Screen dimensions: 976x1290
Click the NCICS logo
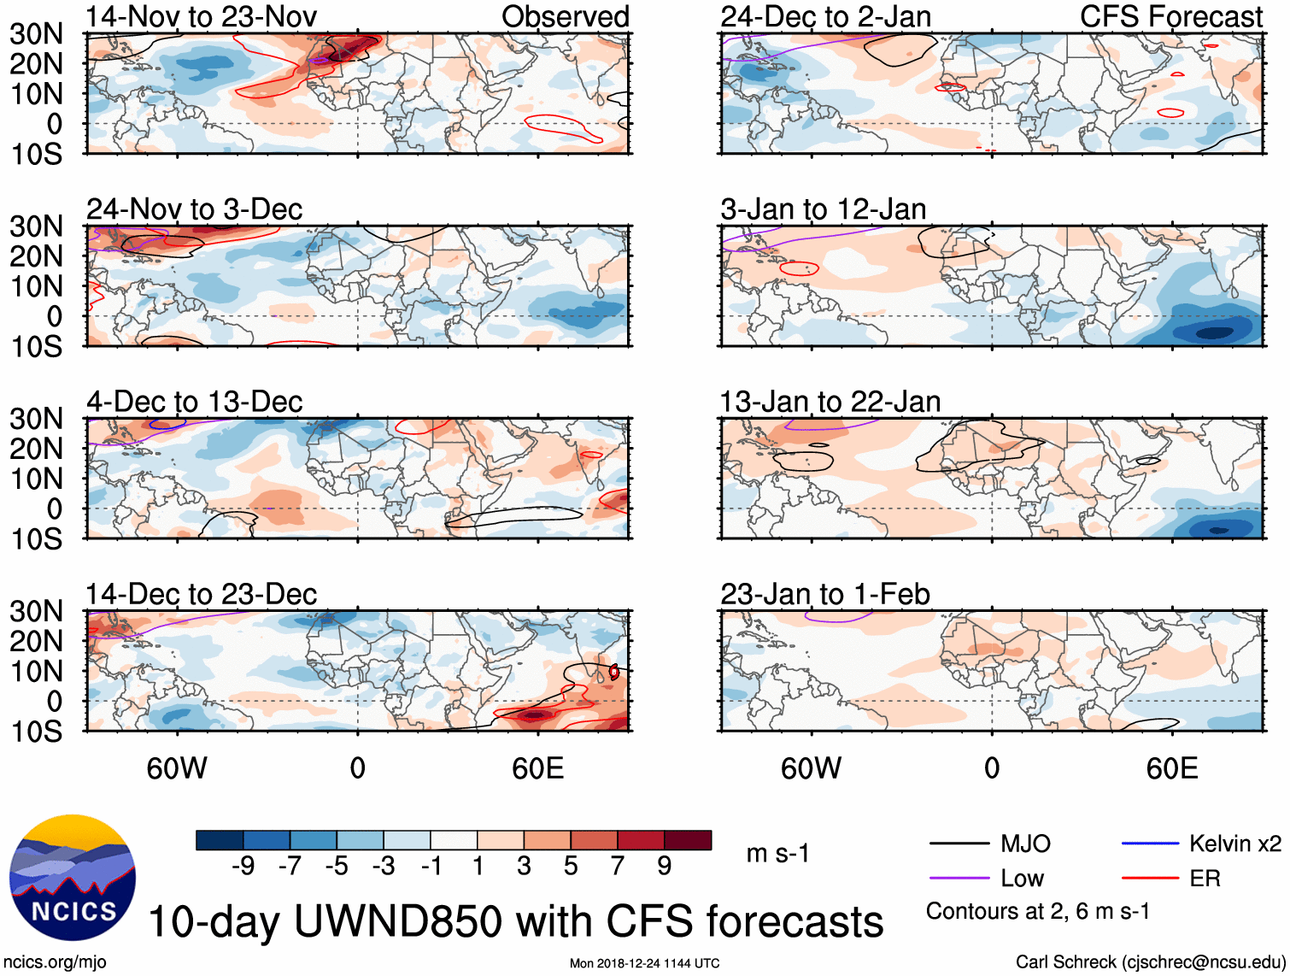[x=72, y=878]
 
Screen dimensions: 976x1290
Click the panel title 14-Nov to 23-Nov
[x=201, y=16]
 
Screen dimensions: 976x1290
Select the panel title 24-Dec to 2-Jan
[x=825, y=16]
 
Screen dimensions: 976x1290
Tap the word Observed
[x=565, y=16]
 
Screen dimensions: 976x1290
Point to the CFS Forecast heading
[x=1170, y=16]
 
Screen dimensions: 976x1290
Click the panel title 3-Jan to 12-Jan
[x=823, y=209]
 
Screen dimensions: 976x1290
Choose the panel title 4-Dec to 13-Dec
[x=194, y=402]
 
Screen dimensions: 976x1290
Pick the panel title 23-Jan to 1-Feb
[x=824, y=594]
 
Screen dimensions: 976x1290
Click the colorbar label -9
[x=243, y=867]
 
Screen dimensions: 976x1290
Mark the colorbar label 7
[x=618, y=867]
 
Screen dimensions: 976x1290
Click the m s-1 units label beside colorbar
[x=777, y=853]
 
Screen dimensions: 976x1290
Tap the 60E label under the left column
[x=537, y=768]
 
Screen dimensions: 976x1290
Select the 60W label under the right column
[x=811, y=768]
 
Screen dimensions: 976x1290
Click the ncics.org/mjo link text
[x=55, y=962]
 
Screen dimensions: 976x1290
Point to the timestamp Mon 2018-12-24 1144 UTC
[x=644, y=964]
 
